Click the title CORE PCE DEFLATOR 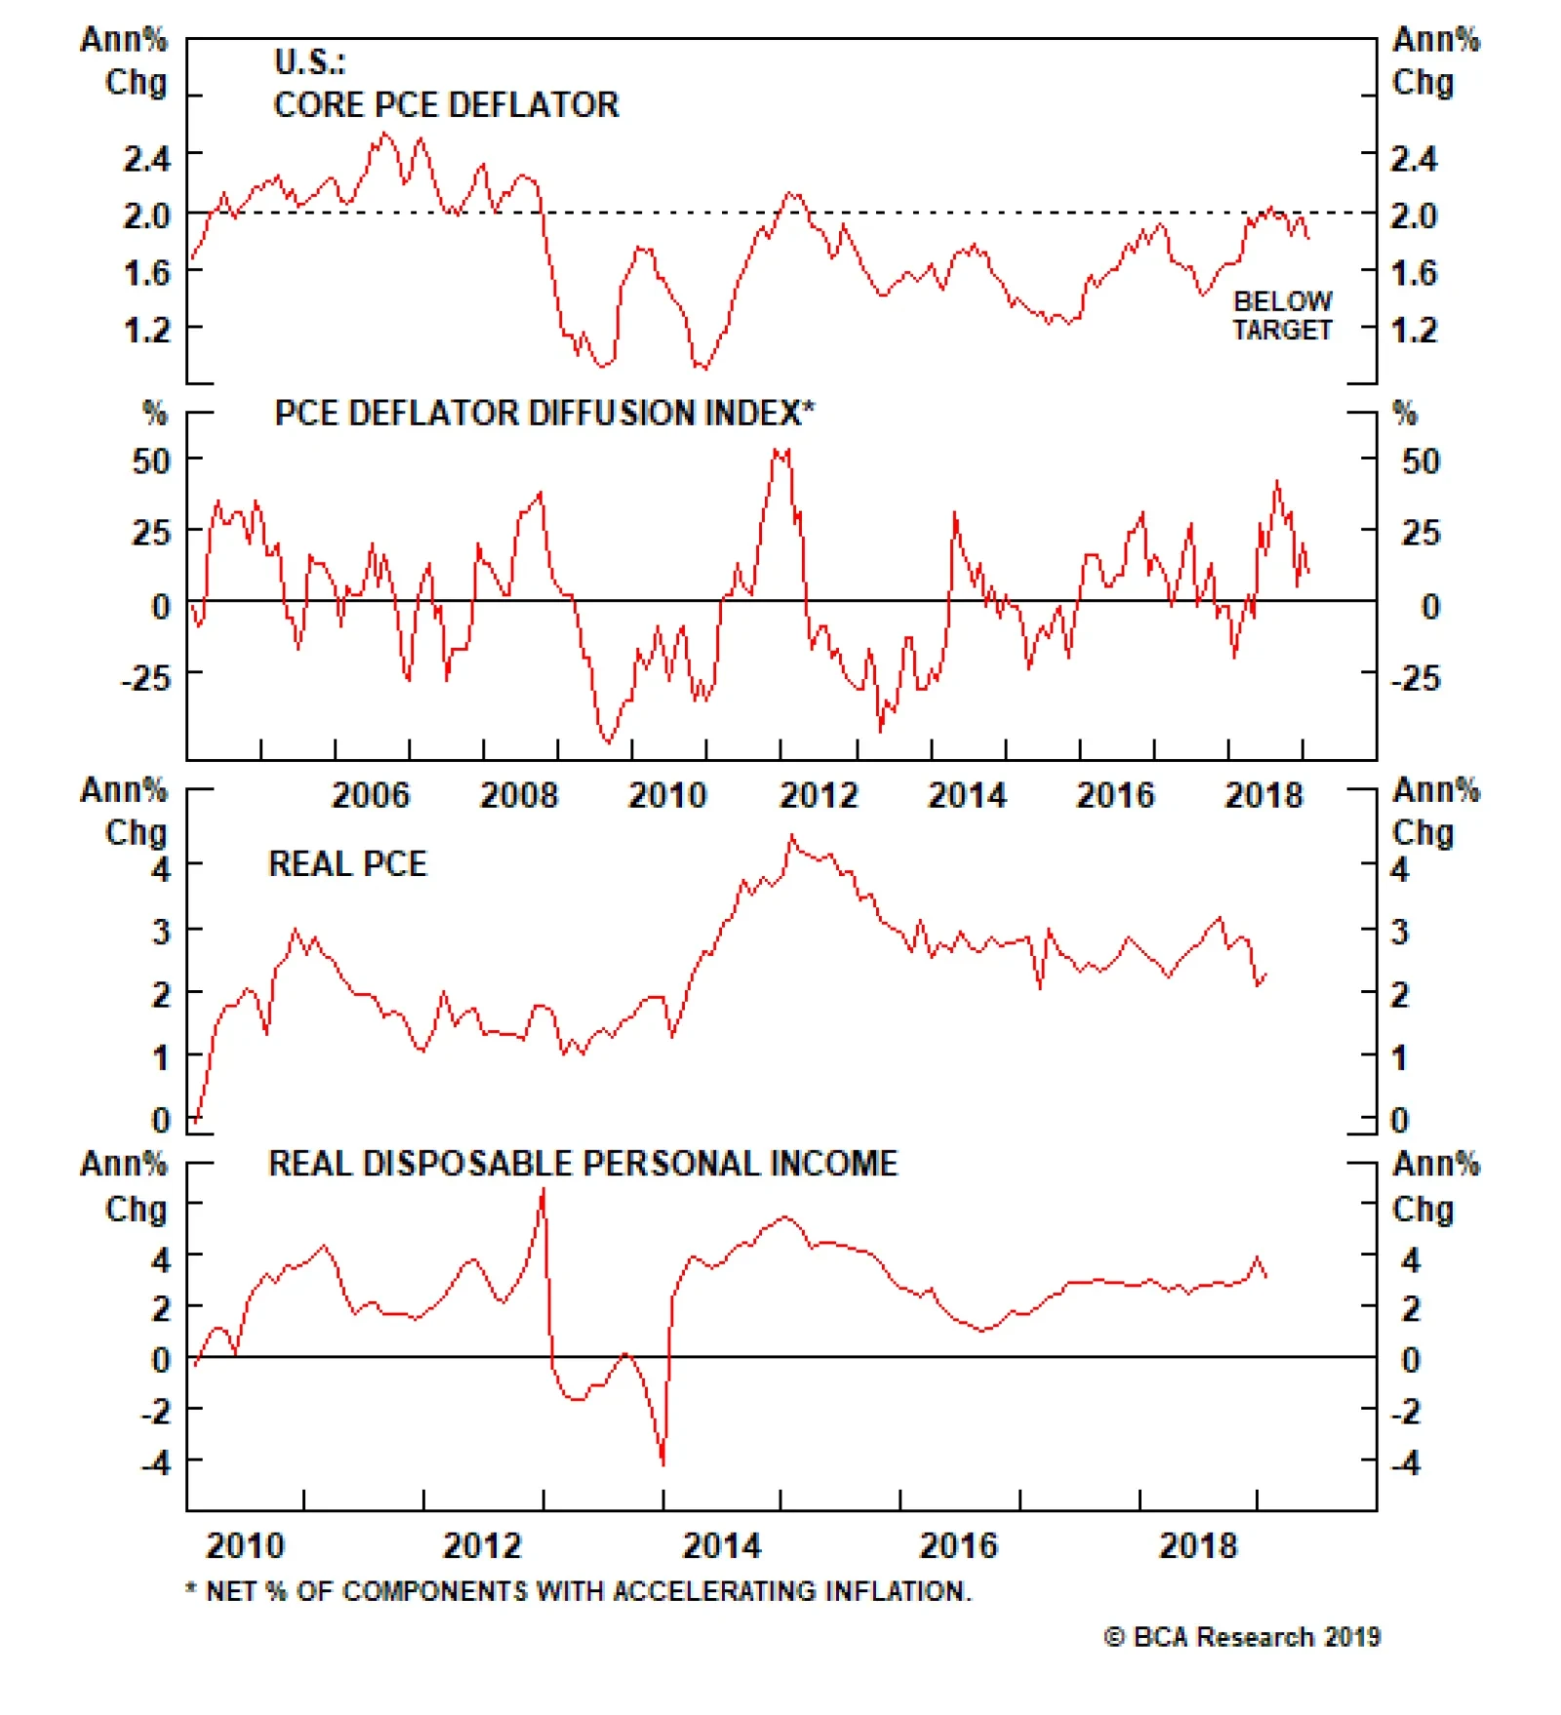point(446,104)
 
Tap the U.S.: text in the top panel point(309,62)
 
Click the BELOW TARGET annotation point(1282,315)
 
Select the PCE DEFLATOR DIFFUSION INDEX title point(543,413)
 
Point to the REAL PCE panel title point(347,863)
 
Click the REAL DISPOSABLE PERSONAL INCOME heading point(582,1163)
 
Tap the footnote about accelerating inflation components point(580,1591)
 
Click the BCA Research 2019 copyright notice point(1242,1637)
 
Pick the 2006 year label point(371,795)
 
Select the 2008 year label point(519,795)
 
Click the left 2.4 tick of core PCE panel point(146,158)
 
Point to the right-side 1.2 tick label point(1414,330)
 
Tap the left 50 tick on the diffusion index point(151,460)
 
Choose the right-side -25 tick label point(1416,678)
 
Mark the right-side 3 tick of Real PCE point(1400,932)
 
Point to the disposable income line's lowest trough point(663,1463)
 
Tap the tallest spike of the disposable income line point(543,1189)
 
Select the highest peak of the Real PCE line point(792,836)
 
